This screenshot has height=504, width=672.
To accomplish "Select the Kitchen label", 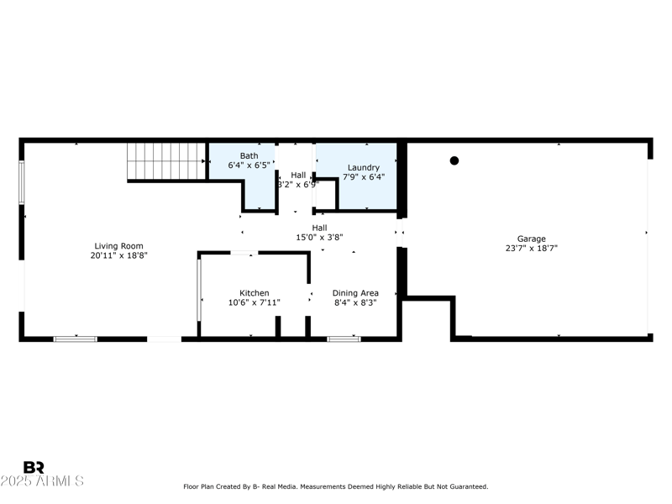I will tap(254, 293).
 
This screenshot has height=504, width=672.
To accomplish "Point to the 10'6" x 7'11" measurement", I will tap(254, 303).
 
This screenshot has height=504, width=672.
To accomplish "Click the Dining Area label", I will tap(355, 293).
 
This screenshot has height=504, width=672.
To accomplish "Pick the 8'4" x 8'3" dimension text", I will tap(355, 303).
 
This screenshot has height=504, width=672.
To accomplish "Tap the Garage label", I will tap(531, 239).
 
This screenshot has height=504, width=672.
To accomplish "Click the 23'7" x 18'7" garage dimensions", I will tap(531, 249).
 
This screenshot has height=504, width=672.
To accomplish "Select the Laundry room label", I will tap(364, 167).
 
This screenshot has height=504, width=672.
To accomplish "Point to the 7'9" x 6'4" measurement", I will tap(364, 177).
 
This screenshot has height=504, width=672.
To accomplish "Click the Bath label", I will tap(249, 155).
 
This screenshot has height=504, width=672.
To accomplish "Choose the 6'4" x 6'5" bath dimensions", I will tap(249, 165).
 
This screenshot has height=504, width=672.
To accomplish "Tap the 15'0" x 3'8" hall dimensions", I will tap(319, 238).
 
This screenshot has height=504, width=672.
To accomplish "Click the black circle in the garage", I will tap(454, 160).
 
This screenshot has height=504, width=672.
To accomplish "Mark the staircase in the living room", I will tap(165, 160).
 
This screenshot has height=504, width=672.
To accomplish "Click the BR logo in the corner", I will tap(34, 467).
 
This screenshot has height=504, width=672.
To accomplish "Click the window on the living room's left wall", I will tap(22, 181).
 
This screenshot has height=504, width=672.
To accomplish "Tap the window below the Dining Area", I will tap(344, 339).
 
